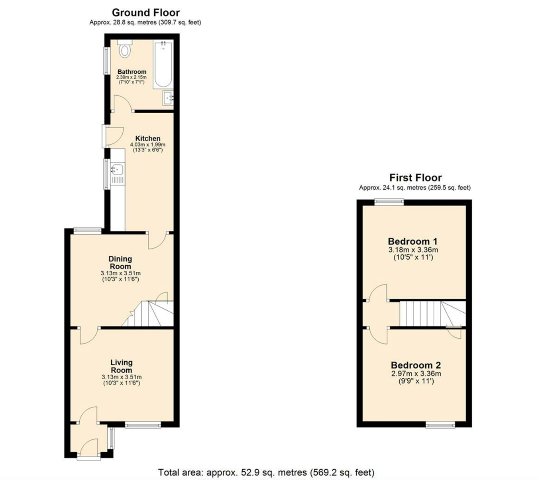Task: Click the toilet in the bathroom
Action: coord(125,49)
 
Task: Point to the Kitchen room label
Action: coord(147,139)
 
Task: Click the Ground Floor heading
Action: coord(145,13)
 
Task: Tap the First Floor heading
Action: coord(415,178)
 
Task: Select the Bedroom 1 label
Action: coord(412,241)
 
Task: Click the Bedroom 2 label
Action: coord(416,365)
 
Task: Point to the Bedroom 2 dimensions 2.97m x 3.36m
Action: coord(416,374)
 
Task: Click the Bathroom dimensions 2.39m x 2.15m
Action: coord(132,77)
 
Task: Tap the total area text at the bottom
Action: coord(266,472)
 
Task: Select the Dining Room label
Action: coord(120,263)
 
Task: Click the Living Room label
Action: coord(121,366)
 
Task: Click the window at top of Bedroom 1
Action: coord(389,202)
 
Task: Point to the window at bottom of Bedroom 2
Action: coord(440,425)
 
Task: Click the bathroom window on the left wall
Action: coord(107,61)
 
